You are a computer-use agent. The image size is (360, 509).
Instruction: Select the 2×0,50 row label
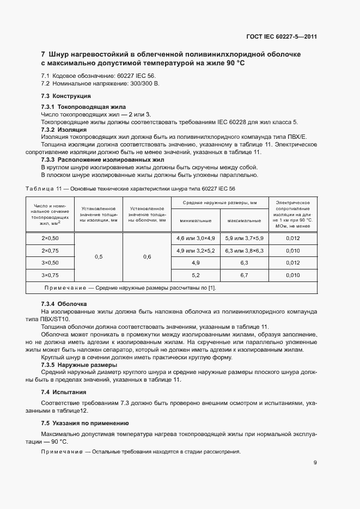(x=50, y=238)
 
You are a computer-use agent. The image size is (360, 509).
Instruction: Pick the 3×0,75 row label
(x=50, y=275)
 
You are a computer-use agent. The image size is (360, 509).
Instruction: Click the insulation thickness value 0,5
(x=99, y=256)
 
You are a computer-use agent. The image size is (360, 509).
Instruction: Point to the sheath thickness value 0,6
(x=147, y=256)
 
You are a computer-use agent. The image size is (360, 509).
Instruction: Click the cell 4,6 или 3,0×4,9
(x=196, y=238)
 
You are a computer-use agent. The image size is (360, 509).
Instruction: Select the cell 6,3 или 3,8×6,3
(x=245, y=250)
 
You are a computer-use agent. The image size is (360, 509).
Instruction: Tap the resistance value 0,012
(x=292, y=238)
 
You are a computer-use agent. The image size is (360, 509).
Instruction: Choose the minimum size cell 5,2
(x=196, y=275)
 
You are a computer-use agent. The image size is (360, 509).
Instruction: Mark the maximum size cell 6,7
(x=245, y=275)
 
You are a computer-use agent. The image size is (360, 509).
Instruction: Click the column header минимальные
(x=196, y=220)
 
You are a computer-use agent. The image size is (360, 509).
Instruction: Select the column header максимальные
(x=245, y=220)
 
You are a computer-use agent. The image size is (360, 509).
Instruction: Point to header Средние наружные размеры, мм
(x=220, y=203)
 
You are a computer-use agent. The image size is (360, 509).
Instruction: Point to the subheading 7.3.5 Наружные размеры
(x=79, y=365)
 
